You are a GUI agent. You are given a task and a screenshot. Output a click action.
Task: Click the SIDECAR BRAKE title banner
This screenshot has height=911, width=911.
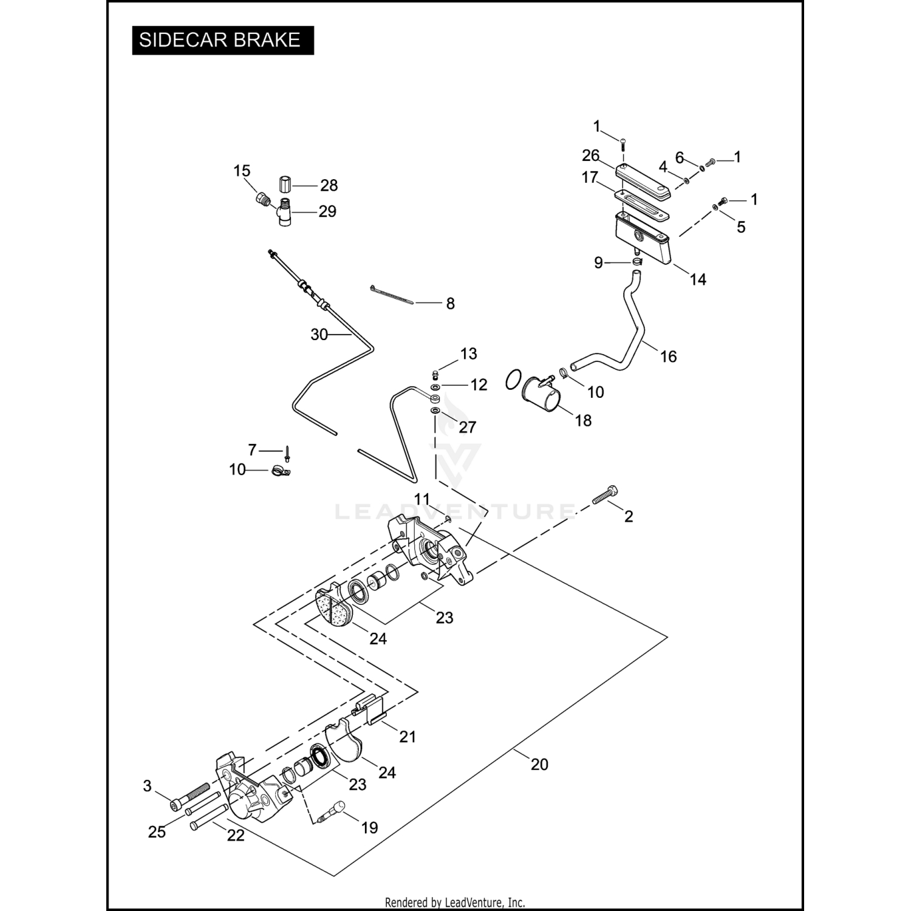tap(222, 40)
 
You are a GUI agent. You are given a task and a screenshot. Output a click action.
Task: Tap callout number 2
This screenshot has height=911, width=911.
tap(629, 516)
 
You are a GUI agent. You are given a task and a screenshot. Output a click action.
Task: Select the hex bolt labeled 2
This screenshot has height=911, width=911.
tap(605, 494)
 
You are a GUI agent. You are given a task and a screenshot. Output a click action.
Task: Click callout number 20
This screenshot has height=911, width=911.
tap(539, 764)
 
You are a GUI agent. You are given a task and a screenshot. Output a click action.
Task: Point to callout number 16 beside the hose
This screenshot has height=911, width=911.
tap(668, 357)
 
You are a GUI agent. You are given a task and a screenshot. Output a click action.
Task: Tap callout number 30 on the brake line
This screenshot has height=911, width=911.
tap(319, 335)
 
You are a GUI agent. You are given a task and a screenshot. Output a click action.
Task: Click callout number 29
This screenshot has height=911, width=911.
tap(327, 211)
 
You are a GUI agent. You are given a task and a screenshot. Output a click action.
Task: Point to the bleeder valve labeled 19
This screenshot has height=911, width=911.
tap(333, 813)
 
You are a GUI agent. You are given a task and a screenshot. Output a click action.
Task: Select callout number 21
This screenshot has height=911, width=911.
tap(407, 737)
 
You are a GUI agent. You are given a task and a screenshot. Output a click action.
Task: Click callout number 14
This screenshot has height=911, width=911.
tap(698, 279)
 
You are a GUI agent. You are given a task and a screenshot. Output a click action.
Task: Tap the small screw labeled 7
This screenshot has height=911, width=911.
tap(287, 452)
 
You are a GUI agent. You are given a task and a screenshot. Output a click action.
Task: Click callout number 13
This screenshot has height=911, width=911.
tap(468, 353)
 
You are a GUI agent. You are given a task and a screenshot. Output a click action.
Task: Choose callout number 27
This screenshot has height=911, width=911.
tap(467, 427)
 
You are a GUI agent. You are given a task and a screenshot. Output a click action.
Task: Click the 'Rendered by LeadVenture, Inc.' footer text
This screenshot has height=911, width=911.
tap(455, 902)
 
